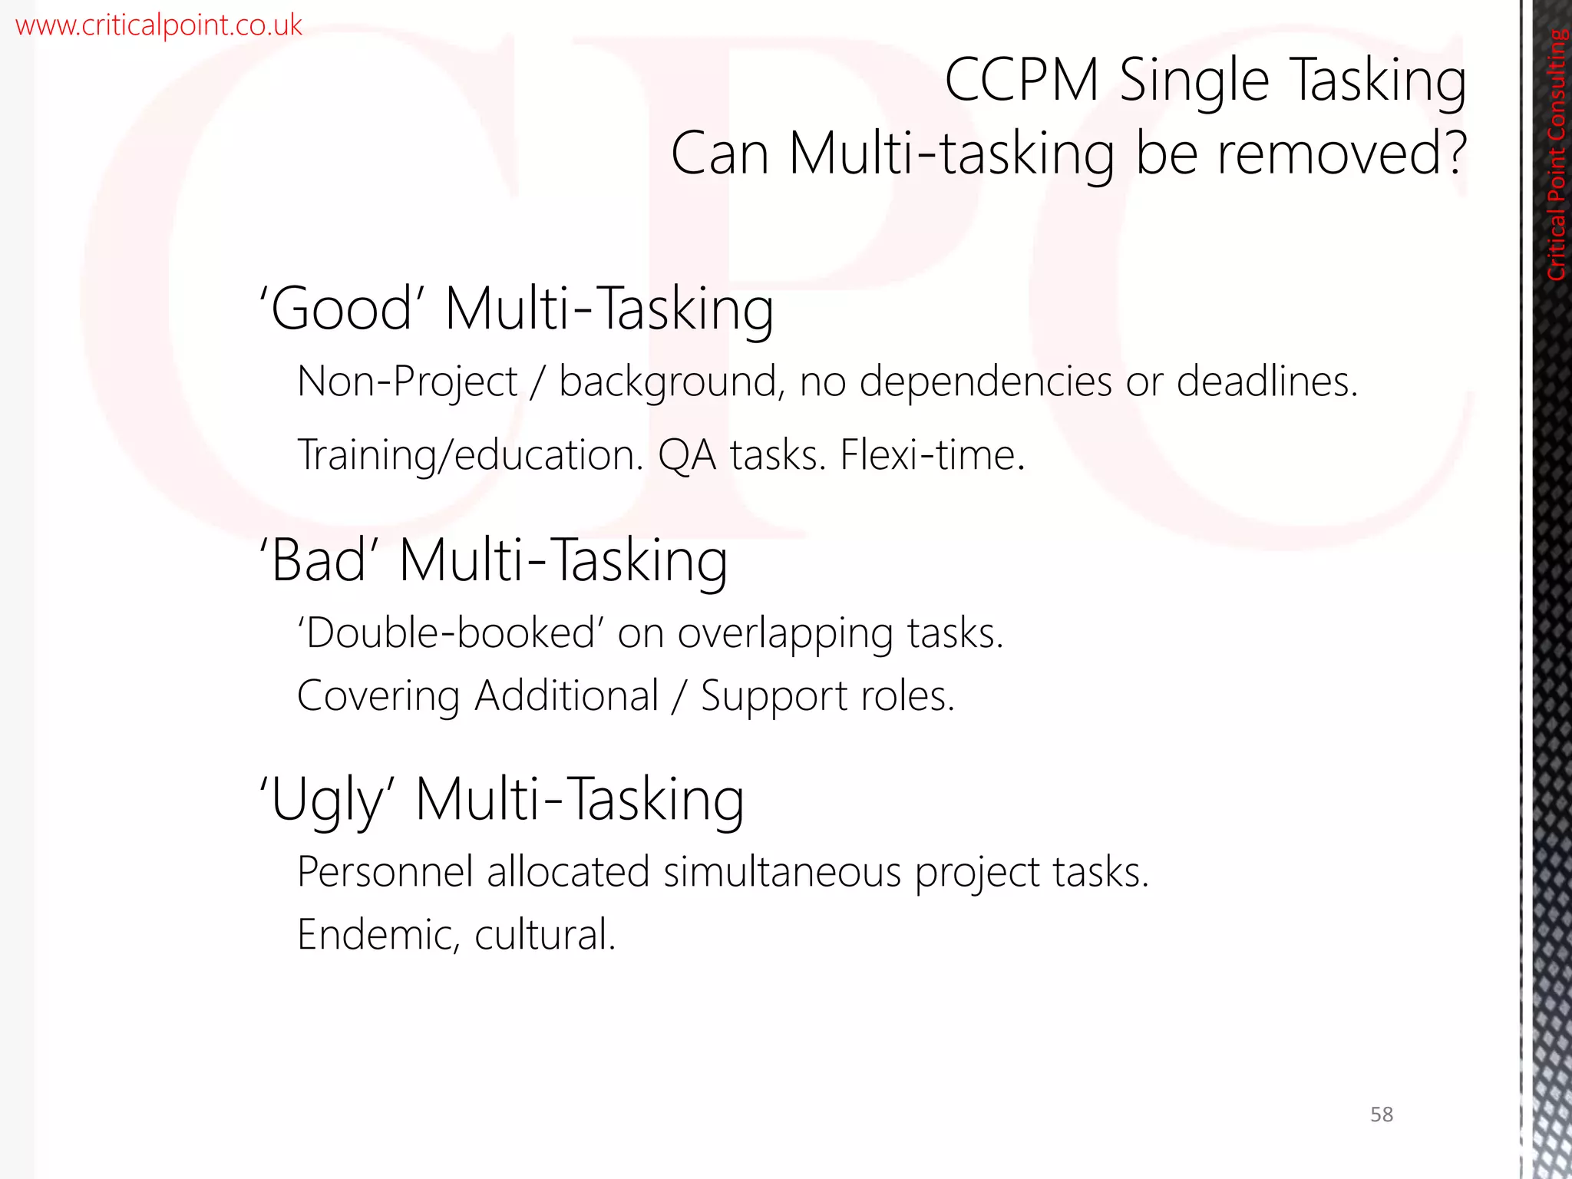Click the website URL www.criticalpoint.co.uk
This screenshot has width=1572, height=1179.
tap(159, 25)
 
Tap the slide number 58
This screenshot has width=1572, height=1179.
tap(1381, 1114)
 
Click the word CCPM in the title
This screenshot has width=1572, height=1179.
tap(1022, 80)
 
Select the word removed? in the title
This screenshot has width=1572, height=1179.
tap(1342, 154)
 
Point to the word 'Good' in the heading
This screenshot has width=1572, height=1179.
tap(342, 309)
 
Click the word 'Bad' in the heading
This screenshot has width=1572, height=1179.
tap(319, 560)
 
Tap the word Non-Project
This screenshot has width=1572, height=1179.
tap(408, 381)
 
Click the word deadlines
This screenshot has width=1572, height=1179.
tap(1267, 381)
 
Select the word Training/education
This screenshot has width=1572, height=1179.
tap(470, 455)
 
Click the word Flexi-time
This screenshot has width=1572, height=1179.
tap(933, 455)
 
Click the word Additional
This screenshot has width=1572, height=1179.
tap(566, 696)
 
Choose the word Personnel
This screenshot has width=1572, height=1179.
tap(385, 873)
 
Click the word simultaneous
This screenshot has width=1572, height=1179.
tap(781, 873)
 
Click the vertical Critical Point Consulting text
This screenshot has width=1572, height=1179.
tap(1556, 154)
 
